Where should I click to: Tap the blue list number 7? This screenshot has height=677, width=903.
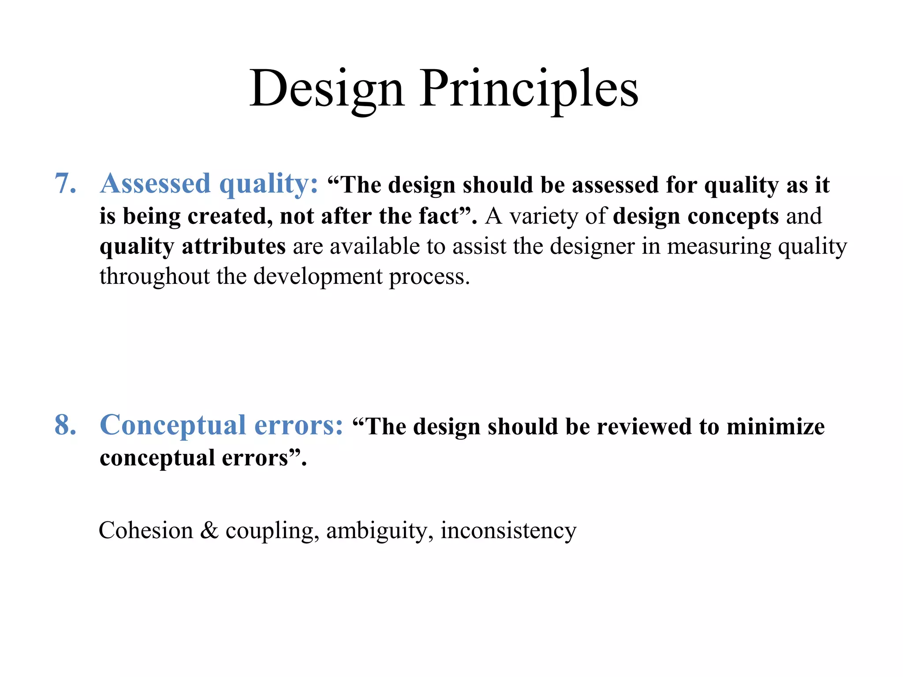coord(65,183)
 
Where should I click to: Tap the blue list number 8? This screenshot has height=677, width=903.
coord(65,425)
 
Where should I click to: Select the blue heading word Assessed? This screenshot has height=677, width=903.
coord(155,183)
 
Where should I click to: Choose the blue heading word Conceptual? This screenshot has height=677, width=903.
coord(173,426)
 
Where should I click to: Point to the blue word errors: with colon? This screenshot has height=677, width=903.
coord(299,426)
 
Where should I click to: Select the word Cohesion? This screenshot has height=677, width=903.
coord(146,530)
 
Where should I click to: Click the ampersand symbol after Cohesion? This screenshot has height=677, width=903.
coord(209,530)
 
